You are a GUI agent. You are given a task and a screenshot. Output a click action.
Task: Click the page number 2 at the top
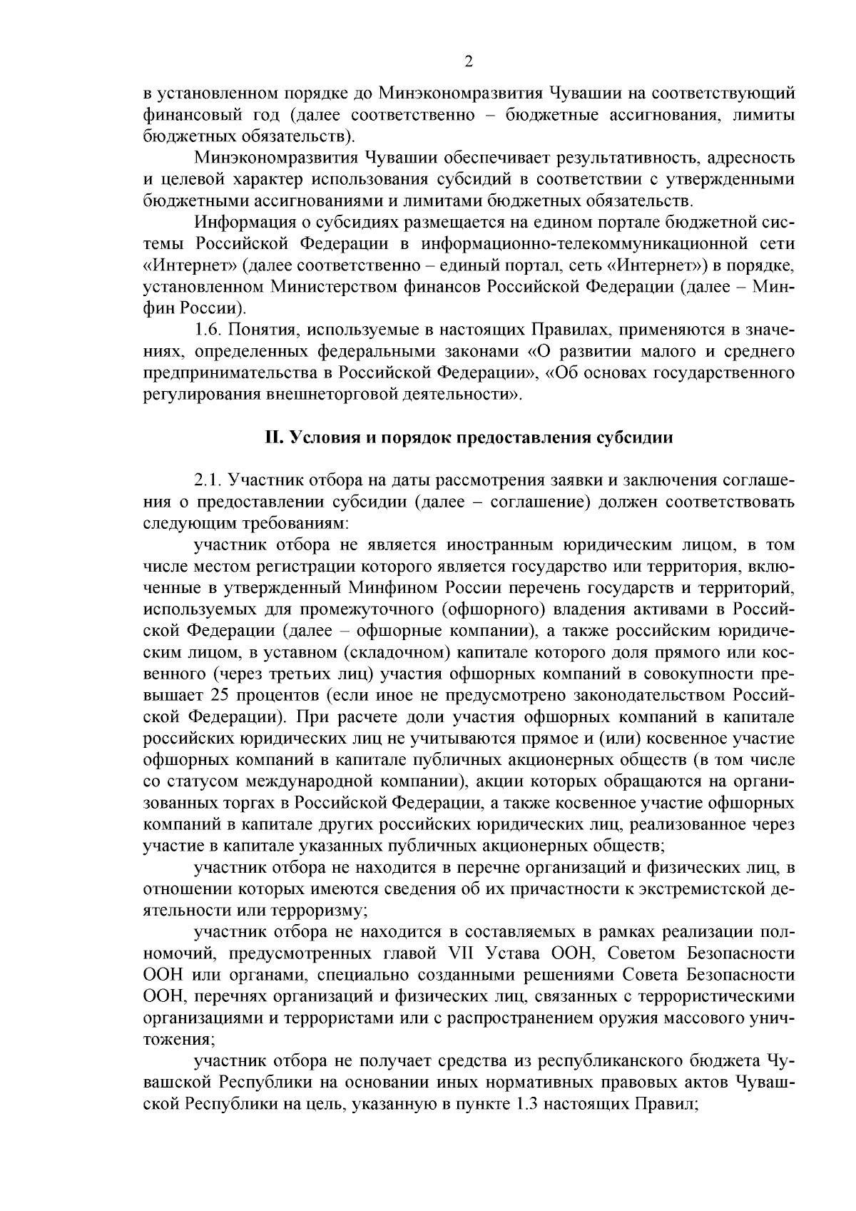pos(469,62)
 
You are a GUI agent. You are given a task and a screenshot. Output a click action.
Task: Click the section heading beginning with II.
pos(469,438)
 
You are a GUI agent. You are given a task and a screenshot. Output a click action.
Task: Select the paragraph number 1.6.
pos(210,330)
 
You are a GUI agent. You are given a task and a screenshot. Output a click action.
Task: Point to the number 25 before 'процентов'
pos(223,695)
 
